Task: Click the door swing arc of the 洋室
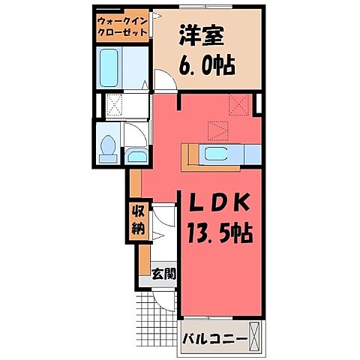(164, 80)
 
